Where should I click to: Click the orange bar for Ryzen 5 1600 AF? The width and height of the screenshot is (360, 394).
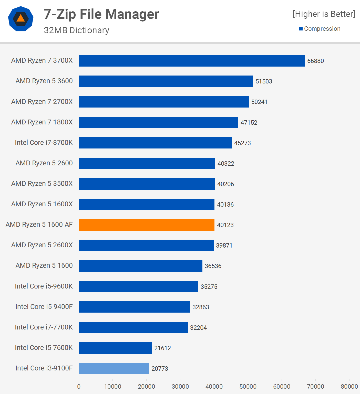click(x=147, y=225)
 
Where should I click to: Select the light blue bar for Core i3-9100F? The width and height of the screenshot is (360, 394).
click(x=114, y=368)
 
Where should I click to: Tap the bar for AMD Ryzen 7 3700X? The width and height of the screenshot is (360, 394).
click(x=192, y=61)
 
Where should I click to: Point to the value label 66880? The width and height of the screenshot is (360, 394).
click(x=315, y=61)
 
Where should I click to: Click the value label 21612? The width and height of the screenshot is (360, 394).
click(x=162, y=348)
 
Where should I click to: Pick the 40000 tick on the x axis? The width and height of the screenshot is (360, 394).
click(x=214, y=387)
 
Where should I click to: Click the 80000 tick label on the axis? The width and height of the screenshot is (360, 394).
click(x=349, y=387)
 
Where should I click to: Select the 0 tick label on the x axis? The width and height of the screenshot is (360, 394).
click(x=79, y=387)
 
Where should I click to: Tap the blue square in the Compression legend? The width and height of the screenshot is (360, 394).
click(x=301, y=29)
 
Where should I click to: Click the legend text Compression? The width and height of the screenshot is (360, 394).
click(x=322, y=29)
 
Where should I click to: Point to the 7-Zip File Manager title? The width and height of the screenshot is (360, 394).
click(x=101, y=14)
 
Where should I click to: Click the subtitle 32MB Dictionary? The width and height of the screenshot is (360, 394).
click(x=76, y=30)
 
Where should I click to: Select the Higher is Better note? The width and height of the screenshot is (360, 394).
click(x=324, y=14)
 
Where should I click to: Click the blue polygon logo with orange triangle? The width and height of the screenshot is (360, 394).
click(x=21, y=19)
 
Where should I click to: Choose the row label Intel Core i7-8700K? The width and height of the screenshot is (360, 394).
click(x=44, y=143)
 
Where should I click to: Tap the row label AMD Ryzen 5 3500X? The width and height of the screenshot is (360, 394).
click(x=42, y=184)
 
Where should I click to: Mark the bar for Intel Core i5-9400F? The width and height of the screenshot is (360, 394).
click(x=134, y=307)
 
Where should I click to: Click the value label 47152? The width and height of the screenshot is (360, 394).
click(x=249, y=123)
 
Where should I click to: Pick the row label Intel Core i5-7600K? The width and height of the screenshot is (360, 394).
click(x=44, y=348)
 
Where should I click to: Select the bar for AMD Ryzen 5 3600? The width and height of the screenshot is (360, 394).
click(x=166, y=81)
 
